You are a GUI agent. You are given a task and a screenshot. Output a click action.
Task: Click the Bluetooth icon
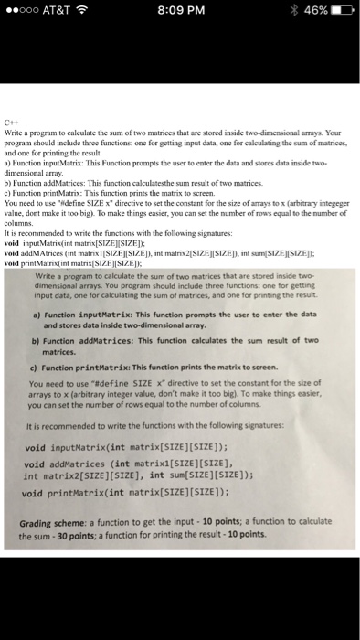tap(289, 15)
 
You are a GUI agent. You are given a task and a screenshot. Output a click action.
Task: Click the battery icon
tap(342, 15)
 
